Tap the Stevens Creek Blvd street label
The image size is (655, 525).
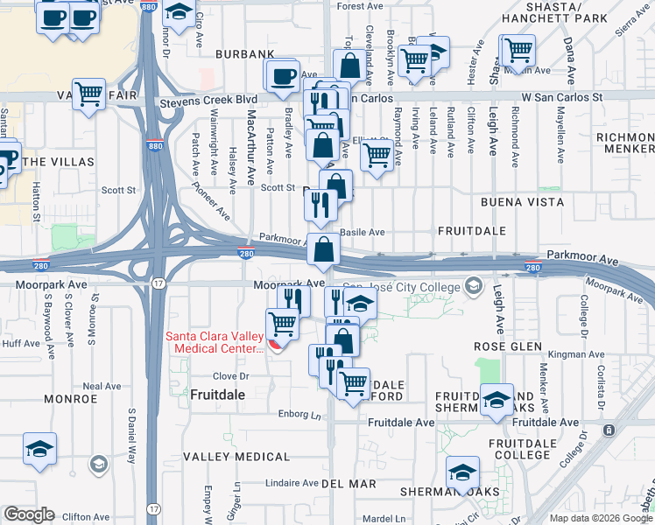(208, 101)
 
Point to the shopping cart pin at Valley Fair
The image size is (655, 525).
(88, 93)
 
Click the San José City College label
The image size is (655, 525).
(401, 286)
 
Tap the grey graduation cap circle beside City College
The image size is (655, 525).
(474, 285)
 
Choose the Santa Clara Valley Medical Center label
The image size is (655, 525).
(215, 342)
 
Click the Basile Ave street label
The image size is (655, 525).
(363, 233)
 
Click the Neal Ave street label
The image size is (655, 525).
(102, 386)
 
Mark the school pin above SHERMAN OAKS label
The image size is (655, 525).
(462, 472)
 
